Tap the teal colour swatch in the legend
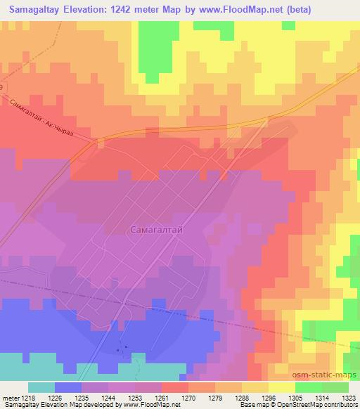coord(41,387)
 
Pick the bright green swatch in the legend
coord(308,387)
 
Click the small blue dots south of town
coord(122,348)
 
